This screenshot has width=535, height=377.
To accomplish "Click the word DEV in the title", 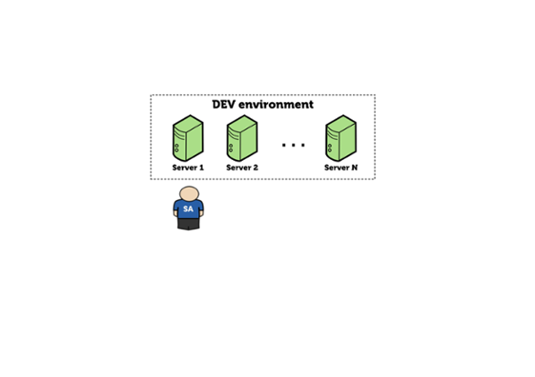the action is pos(224,104).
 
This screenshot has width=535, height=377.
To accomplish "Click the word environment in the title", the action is pos(276,104).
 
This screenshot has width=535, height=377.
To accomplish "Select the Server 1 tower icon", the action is pos(188,138).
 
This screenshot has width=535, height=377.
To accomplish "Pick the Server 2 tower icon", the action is pos(242,138).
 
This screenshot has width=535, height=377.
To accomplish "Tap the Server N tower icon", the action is pos(341,138).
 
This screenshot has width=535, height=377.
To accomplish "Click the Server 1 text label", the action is pos(188,168).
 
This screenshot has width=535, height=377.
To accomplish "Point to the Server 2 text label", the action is pos(242,168).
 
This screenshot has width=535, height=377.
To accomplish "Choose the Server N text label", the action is pos(341,168).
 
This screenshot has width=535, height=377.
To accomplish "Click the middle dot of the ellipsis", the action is pos(293,145).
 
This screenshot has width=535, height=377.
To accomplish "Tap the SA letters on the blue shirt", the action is pos(188,209).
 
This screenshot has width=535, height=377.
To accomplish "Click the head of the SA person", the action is pos(189,194).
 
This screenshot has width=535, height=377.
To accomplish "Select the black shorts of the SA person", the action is pos(188,224).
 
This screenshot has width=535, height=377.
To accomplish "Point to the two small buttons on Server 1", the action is pos(177,148).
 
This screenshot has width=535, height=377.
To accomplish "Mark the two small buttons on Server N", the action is pos(330,148).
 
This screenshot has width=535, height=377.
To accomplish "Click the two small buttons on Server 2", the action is pos(231,148).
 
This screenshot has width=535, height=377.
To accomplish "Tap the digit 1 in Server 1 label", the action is pos(202,168).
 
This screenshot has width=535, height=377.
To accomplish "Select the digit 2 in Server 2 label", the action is pos(255,168).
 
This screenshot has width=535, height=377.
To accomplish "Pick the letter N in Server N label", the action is pos(355,168).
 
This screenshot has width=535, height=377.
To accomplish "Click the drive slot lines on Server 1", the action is pos(179,135).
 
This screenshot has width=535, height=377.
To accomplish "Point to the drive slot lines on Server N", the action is pos(332,135).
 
